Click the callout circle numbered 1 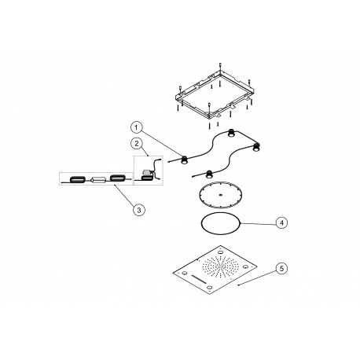click(136, 127)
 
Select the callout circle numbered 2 click(137, 144)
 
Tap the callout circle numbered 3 click(139, 210)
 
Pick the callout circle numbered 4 click(281, 223)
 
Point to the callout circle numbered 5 click(281, 269)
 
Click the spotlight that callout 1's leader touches click(185, 160)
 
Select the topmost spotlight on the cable click(231, 133)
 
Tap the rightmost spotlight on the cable click(256, 147)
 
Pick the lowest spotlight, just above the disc click(209, 174)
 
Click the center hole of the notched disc click(220, 195)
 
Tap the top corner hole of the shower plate click(221, 253)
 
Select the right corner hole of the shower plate click(245, 266)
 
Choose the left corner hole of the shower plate click(185, 274)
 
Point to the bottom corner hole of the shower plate click(209, 288)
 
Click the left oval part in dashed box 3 click(78, 179)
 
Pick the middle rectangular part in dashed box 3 click(98, 180)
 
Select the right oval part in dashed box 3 click(118, 178)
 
